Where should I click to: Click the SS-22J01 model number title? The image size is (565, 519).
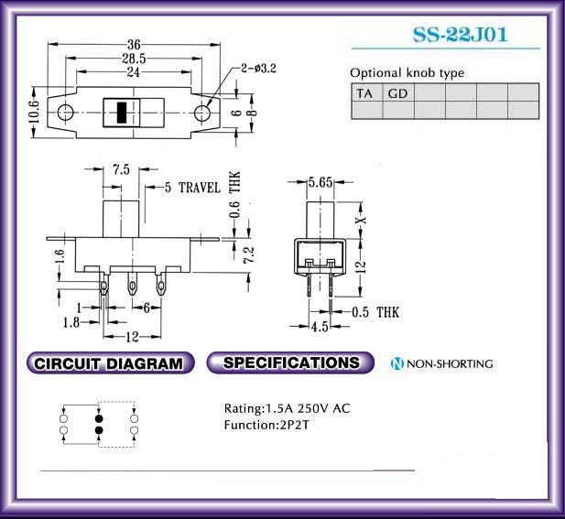(x=460, y=35)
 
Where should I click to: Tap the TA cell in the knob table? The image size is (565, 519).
(x=366, y=93)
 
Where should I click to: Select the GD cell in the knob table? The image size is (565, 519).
(x=397, y=93)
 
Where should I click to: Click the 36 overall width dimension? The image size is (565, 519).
(x=134, y=45)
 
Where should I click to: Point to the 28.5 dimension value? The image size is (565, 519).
(x=134, y=59)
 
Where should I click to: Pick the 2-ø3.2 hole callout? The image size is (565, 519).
(x=258, y=68)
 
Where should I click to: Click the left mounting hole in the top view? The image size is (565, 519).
(x=65, y=113)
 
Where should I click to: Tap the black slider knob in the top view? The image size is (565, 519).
(x=122, y=113)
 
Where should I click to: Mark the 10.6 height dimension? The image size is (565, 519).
(x=33, y=112)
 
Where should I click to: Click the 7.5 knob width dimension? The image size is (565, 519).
(x=121, y=169)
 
